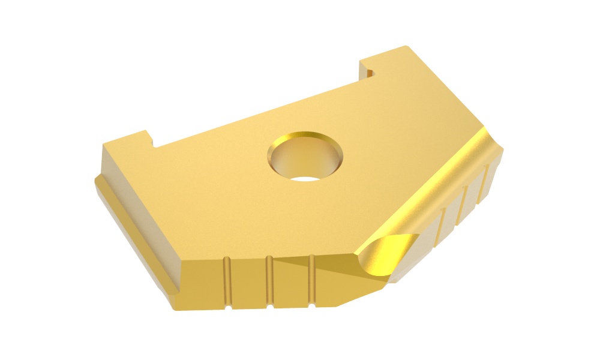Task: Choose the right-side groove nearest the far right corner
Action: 485,186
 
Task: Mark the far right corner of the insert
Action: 503,150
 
